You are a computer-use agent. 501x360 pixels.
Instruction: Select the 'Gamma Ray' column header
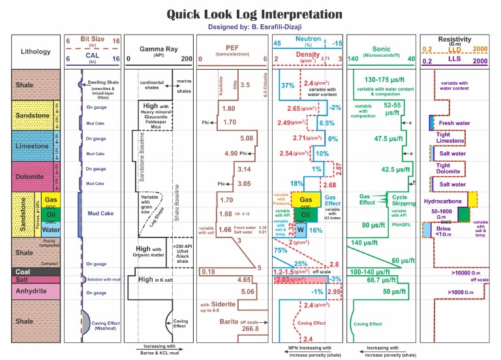tap(159, 50)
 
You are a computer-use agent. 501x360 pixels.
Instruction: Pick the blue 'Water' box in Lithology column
tap(52, 230)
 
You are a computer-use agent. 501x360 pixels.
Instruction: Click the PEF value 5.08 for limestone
tap(247, 138)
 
